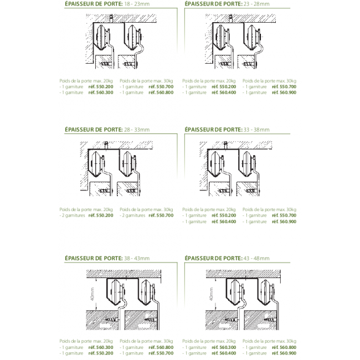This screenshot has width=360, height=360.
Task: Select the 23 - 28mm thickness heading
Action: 227,3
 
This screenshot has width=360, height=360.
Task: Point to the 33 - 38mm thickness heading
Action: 227,129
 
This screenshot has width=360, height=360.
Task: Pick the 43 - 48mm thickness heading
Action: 227,258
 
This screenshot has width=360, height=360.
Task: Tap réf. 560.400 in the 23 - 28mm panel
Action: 224,92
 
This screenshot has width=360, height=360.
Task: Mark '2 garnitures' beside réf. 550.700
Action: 132,215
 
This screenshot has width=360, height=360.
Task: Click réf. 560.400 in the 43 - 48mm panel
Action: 224,353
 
